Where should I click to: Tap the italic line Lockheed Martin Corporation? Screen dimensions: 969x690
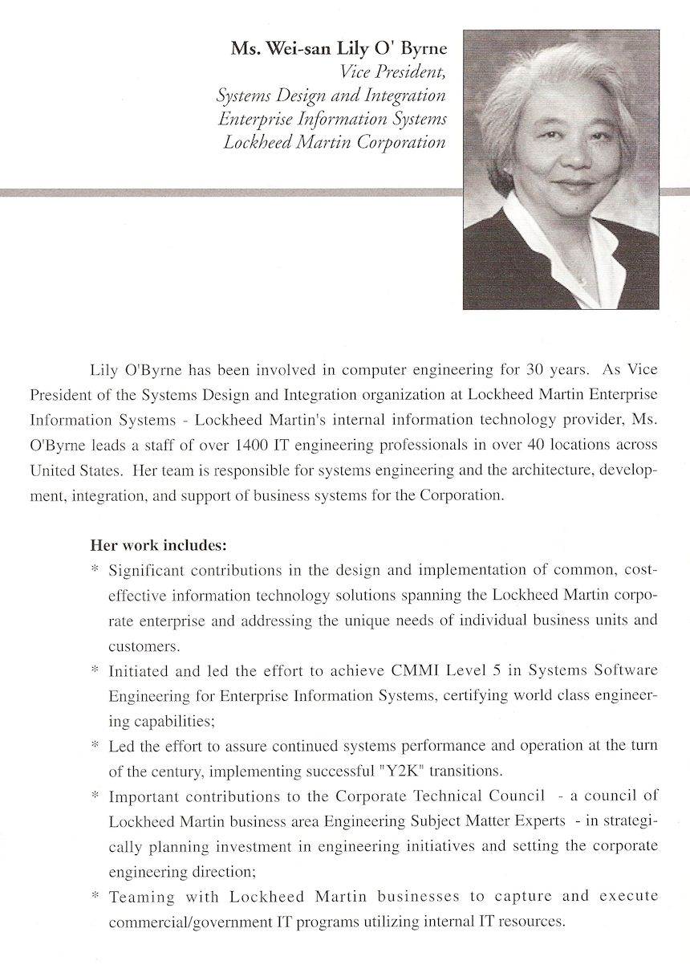[x=335, y=143]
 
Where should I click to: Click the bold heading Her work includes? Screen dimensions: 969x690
[x=159, y=544]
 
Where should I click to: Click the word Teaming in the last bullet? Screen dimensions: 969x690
[x=136, y=896]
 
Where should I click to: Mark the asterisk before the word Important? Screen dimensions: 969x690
[x=95, y=796]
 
